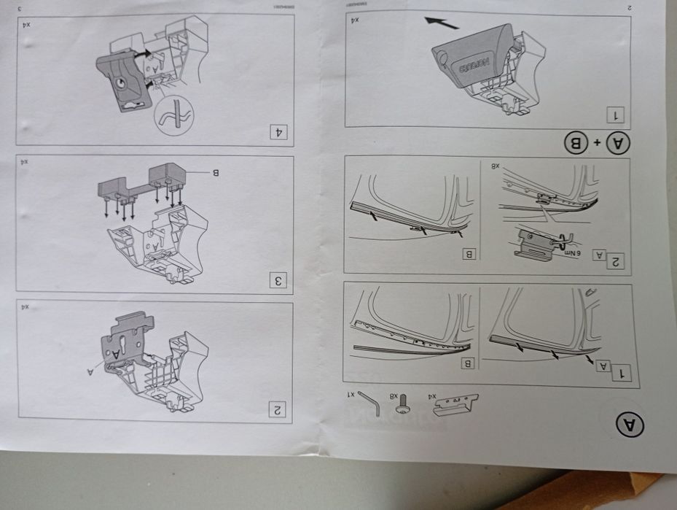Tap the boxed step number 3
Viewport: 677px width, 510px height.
pyautogui.click(x=278, y=279)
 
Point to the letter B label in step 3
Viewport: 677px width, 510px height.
pyautogui.click(x=215, y=172)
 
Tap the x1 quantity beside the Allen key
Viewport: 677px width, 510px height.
pyautogui.click(x=351, y=394)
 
